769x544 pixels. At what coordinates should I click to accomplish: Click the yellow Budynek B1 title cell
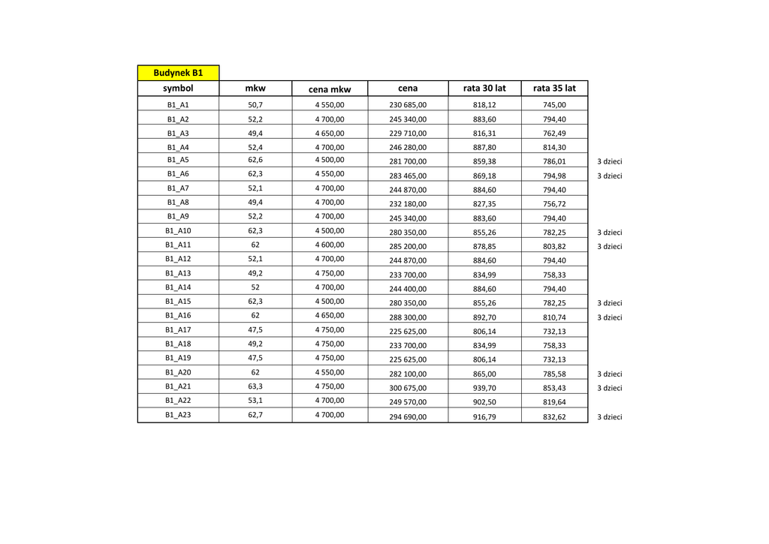pos(178,73)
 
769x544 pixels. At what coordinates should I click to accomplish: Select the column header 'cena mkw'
pos(330,89)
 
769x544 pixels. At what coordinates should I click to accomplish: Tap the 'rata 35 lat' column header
pos(554,89)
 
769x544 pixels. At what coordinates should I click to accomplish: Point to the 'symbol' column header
pos(178,89)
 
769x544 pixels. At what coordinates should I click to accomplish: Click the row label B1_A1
pos(178,105)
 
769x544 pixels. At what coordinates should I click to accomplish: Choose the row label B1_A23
pos(178,414)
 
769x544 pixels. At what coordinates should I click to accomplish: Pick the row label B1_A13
pos(178,273)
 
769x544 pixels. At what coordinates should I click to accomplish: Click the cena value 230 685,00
pos(408,106)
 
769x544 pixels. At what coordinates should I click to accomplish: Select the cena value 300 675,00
pos(408,388)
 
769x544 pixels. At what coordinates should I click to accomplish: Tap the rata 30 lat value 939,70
pos(484,388)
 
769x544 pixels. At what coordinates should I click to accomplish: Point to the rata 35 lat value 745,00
pos(554,106)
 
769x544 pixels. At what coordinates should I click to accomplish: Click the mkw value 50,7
pos(255,105)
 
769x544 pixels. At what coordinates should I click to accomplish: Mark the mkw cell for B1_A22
pos(255,401)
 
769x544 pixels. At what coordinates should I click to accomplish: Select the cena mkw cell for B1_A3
pos(330,133)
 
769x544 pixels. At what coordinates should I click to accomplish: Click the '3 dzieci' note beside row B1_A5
pos(609,162)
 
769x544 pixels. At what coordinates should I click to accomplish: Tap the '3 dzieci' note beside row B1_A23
pos(609,417)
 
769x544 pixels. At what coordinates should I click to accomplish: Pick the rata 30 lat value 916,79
pos(484,416)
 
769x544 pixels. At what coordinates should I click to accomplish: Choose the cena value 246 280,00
pos(408,148)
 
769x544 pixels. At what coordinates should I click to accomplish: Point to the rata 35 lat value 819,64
pos(554,402)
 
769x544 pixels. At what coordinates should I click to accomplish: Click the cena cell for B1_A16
pos(408,317)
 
